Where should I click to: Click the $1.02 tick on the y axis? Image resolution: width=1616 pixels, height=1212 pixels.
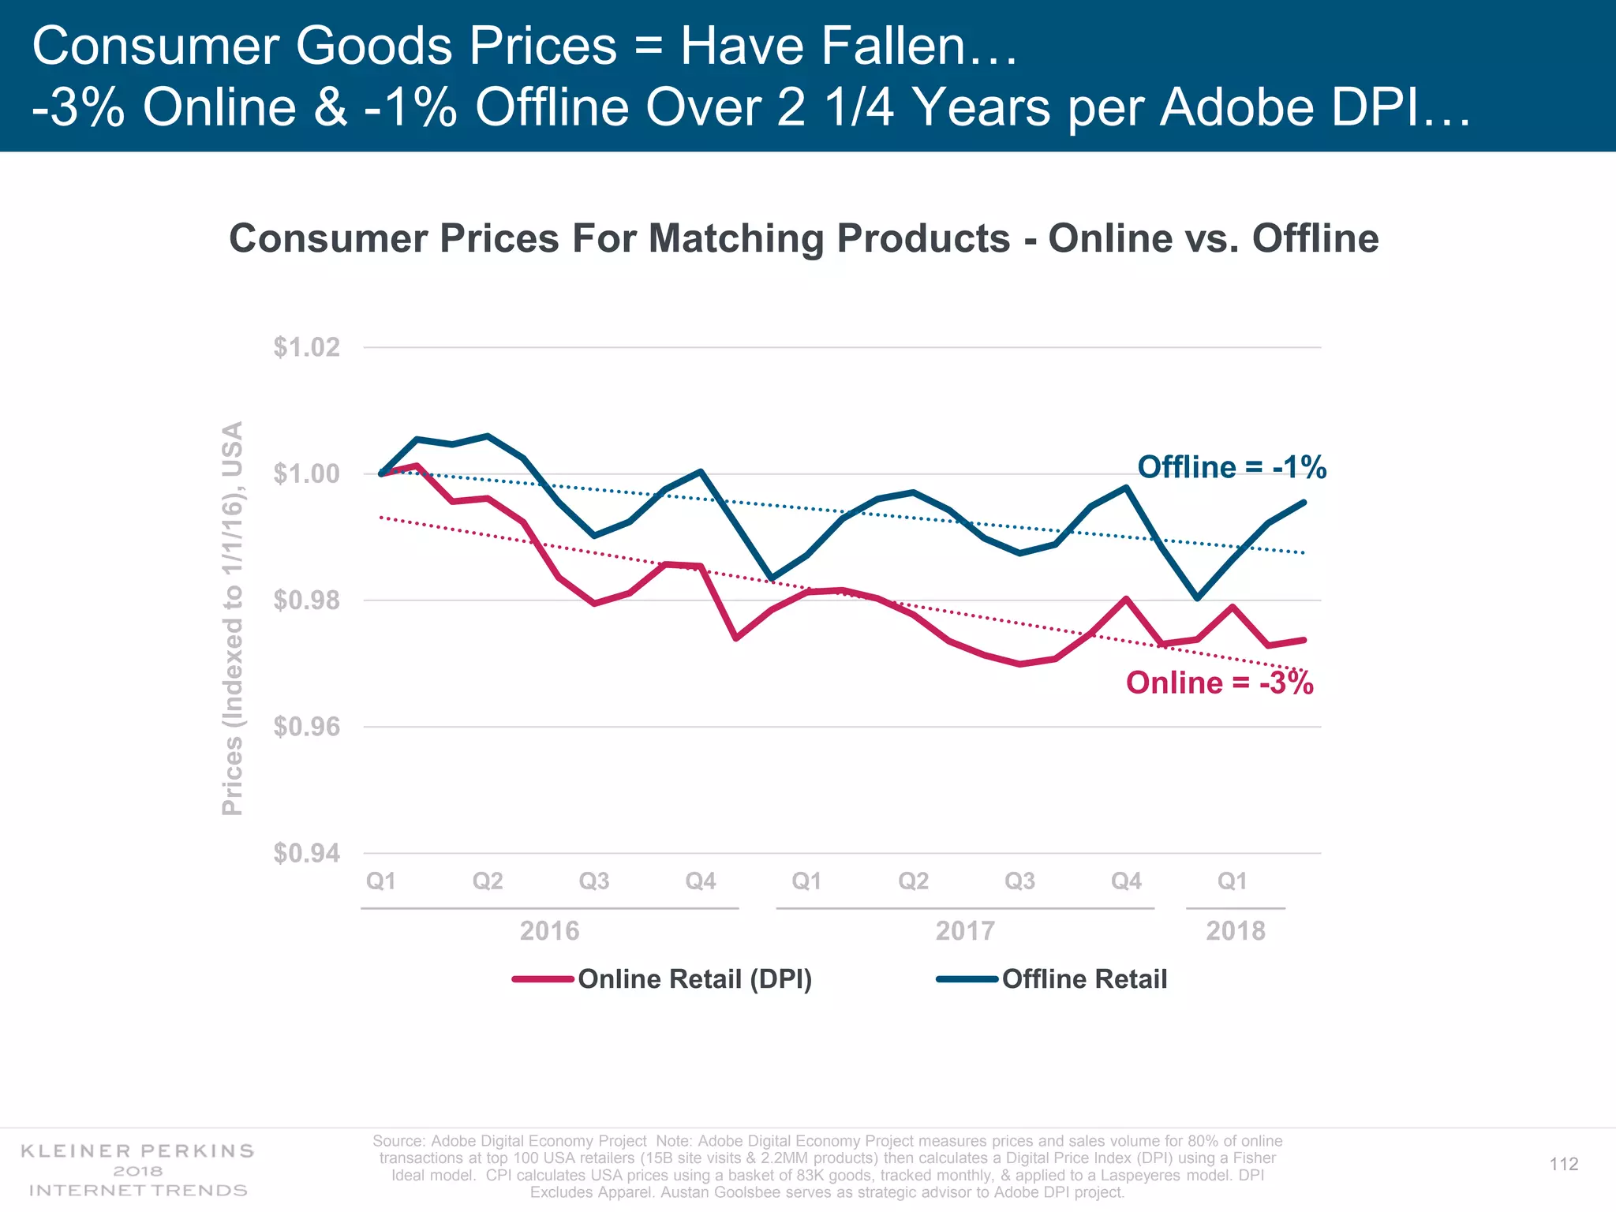(307, 347)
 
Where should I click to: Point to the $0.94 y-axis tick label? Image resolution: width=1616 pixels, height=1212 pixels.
(307, 853)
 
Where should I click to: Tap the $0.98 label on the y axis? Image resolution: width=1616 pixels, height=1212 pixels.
(307, 600)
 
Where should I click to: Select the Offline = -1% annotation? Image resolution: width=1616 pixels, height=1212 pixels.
(1231, 467)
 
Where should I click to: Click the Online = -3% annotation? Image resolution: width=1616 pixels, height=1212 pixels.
(1219, 683)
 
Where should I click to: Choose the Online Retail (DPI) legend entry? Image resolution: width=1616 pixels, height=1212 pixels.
(694, 979)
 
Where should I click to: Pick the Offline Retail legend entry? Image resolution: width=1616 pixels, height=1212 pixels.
(1084, 979)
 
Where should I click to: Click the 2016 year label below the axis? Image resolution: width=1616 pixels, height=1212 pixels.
(549, 931)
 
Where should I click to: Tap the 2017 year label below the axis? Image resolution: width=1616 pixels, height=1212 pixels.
(965, 931)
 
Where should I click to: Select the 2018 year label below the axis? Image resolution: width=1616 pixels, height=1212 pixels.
(1235, 931)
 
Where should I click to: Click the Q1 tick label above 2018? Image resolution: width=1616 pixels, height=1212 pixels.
(1232, 881)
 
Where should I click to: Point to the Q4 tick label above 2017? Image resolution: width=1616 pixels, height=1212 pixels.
(1126, 881)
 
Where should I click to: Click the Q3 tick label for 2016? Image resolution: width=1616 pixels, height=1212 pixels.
(593, 881)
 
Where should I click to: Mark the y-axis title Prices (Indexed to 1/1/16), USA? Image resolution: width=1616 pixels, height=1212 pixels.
(232, 619)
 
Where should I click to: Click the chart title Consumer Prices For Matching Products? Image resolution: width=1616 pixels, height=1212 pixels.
(803, 238)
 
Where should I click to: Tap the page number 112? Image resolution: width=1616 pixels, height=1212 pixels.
(1563, 1165)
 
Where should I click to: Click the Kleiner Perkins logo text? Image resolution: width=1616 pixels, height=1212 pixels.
(137, 1170)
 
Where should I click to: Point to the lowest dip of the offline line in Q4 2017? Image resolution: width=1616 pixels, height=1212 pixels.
(1198, 598)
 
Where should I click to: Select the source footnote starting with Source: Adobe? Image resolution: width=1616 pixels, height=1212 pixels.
(827, 1166)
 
